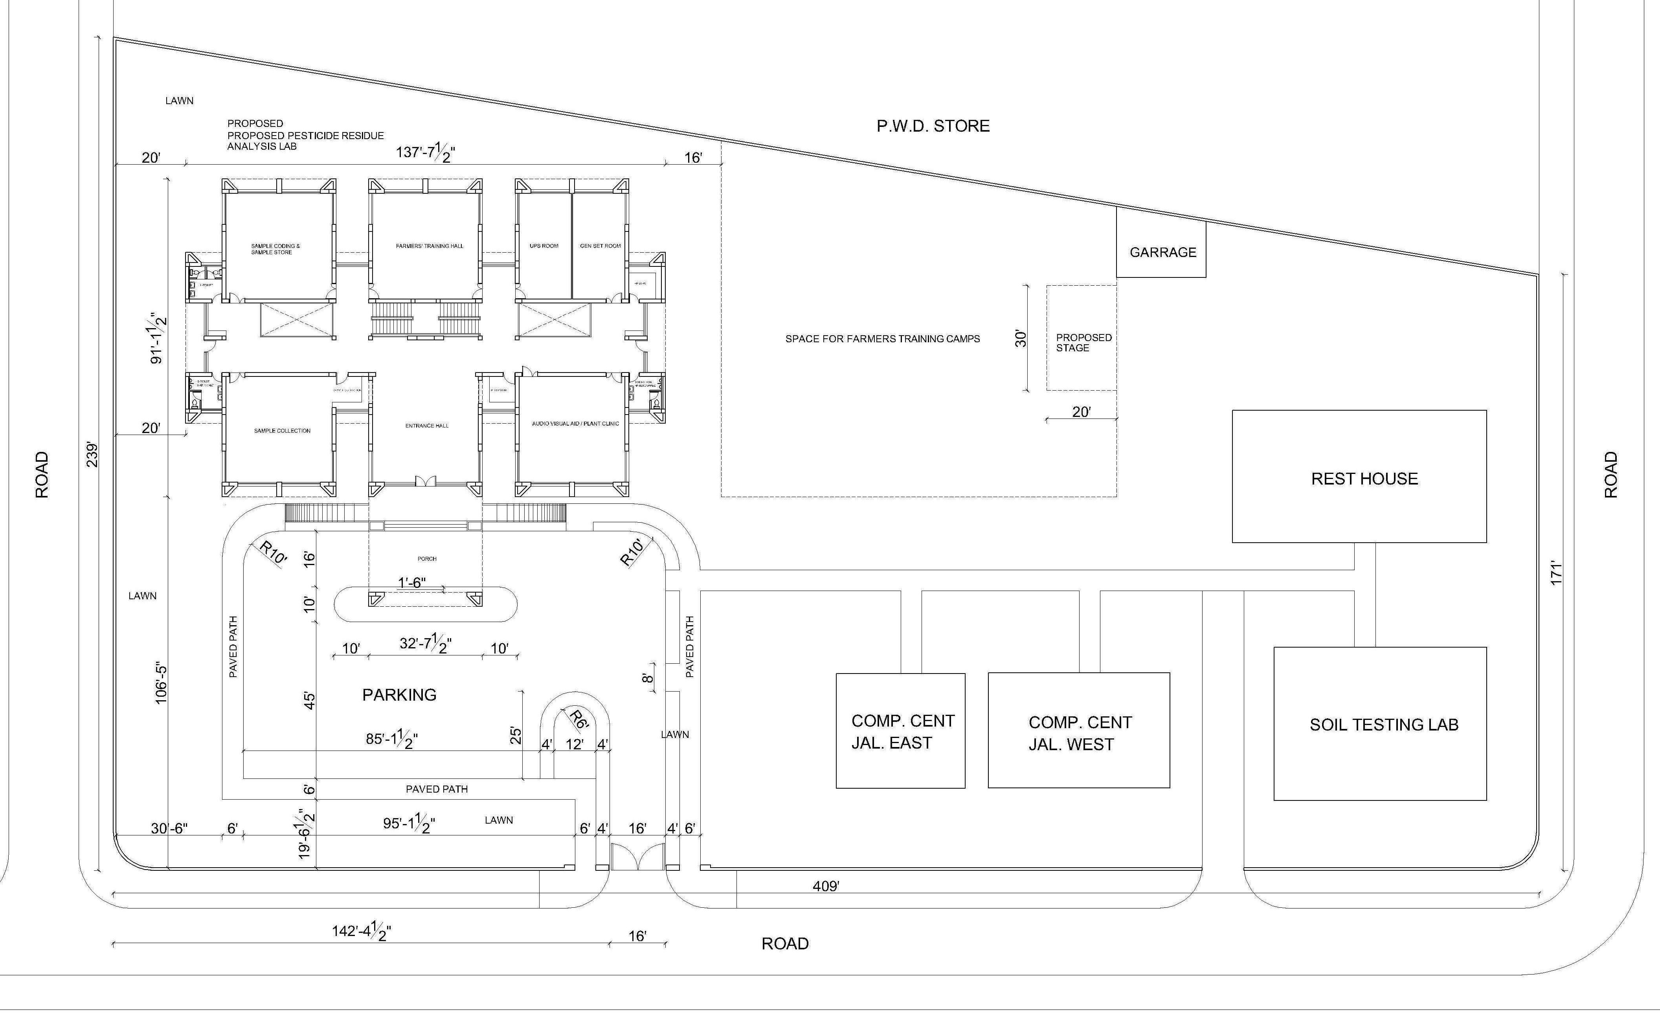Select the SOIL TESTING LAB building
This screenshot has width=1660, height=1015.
click(1383, 724)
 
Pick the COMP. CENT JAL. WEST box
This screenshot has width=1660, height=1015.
click(1079, 733)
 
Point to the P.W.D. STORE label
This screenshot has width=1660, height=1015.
click(933, 126)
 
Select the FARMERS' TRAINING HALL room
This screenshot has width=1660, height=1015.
click(429, 246)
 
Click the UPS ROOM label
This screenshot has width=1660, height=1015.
click(544, 246)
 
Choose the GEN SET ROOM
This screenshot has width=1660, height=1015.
click(600, 246)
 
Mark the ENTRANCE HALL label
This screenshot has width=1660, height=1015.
click(426, 426)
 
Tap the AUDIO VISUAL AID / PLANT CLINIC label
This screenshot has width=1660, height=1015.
click(575, 424)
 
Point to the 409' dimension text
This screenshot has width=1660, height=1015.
click(825, 887)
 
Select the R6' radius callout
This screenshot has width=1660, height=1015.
click(578, 719)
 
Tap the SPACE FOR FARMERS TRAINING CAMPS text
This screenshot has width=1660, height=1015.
click(882, 339)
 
